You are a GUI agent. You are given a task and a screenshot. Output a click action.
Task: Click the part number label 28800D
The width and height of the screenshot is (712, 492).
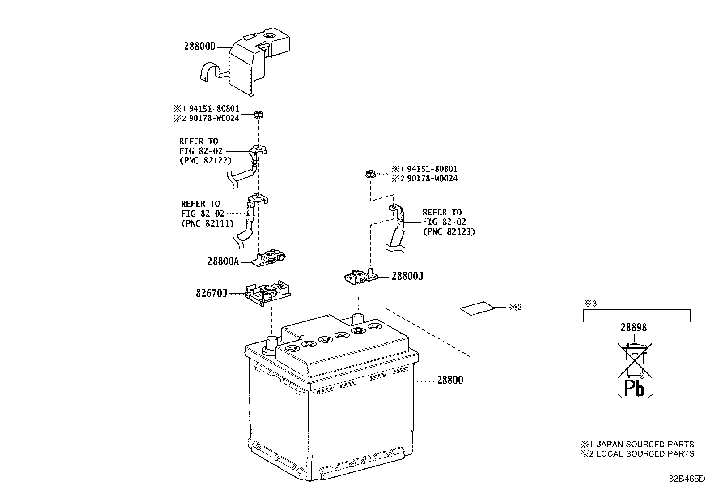(199, 46)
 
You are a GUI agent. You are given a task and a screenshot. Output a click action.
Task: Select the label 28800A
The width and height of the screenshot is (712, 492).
(223, 261)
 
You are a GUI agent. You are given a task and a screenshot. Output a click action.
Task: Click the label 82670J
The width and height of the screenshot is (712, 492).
(212, 293)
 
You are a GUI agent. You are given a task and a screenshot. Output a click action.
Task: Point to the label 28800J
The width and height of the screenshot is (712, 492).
(407, 276)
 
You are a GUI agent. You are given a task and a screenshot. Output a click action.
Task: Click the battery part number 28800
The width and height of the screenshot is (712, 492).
(450, 381)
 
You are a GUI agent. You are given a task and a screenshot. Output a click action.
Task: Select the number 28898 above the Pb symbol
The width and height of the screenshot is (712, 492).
(633, 328)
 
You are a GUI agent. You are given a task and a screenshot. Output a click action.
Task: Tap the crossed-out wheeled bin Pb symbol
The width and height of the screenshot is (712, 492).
(635, 369)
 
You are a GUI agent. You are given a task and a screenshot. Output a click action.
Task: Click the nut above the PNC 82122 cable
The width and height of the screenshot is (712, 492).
(258, 115)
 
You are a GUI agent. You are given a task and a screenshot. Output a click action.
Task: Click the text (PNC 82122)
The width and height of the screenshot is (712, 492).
(205, 161)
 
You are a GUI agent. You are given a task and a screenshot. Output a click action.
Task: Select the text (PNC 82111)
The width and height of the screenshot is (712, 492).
(208, 223)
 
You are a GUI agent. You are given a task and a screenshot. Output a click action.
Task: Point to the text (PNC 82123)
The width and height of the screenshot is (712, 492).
(449, 232)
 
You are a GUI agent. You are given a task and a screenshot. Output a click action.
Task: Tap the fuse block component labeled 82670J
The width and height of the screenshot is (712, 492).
(267, 294)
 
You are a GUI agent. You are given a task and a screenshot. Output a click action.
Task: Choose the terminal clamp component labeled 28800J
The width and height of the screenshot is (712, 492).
(360, 277)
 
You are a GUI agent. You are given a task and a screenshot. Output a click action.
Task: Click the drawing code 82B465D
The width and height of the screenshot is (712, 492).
(687, 478)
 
